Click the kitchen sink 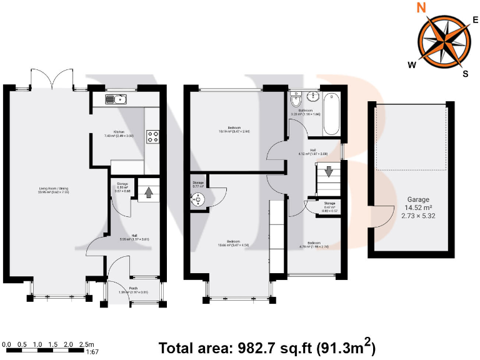116,99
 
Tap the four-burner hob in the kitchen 152,136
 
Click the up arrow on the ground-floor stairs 149,192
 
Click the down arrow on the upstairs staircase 329,172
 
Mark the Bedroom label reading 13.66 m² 237,243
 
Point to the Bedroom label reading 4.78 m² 314,244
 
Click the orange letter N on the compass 422,8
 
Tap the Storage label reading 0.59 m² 122,186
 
